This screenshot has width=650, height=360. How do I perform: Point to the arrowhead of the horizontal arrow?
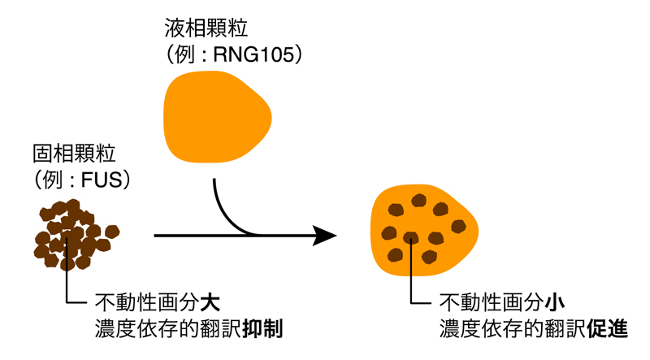326,236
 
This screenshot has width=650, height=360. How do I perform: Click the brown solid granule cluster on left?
75,235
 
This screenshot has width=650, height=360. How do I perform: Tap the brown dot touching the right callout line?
412,238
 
